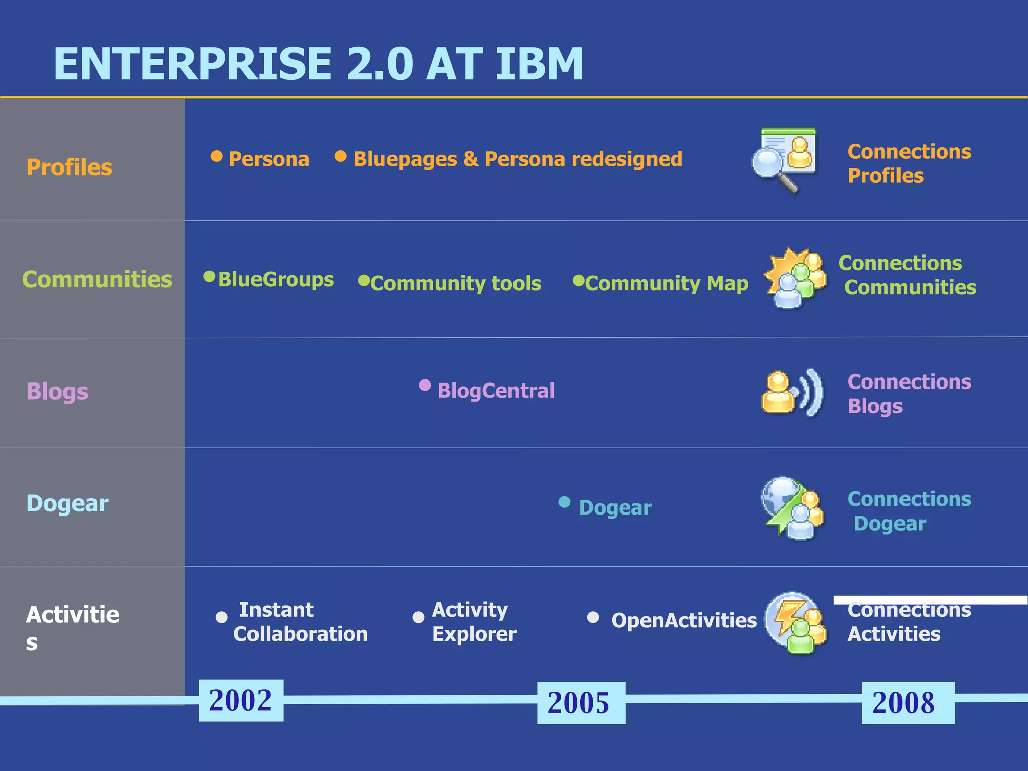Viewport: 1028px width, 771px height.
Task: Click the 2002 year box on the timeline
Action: (x=241, y=700)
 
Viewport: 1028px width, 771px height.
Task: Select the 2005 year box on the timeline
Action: (x=581, y=702)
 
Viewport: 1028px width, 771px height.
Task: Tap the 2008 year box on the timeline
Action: (x=908, y=702)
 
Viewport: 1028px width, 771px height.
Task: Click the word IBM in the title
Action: (x=540, y=64)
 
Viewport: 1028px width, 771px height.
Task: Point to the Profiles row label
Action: (x=69, y=167)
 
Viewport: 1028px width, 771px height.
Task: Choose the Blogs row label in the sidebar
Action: (x=57, y=391)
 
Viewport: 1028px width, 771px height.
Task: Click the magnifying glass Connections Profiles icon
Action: (x=784, y=160)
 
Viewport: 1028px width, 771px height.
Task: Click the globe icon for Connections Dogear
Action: (x=792, y=507)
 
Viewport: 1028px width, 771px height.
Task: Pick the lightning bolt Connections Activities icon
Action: (x=795, y=622)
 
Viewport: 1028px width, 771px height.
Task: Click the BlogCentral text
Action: (x=495, y=391)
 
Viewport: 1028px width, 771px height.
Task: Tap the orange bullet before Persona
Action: (x=216, y=156)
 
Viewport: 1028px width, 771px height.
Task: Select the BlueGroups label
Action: (x=276, y=279)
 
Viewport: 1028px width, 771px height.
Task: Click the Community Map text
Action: (x=667, y=283)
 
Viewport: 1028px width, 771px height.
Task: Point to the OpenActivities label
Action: (x=684, y=620)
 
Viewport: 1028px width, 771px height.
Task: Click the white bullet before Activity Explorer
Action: (x=418, y=617)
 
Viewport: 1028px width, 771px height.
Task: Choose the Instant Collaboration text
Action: (x=300, y=622)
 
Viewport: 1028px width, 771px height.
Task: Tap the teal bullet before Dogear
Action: (x=564, y=502)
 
